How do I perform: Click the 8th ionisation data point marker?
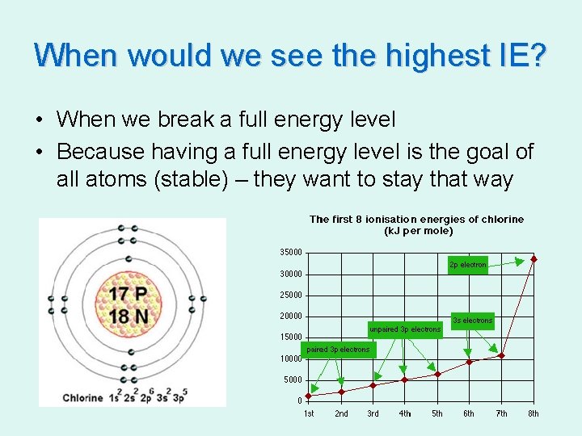pyautogui.click(x=533, y=259)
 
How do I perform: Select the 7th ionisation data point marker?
pyautogui.click(x=501, y=355)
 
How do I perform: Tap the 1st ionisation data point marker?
pyautogui.click(x=309, y=396)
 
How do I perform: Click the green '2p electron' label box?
pyautogui.click(x=468, y=265)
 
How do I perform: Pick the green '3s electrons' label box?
pyautogui.click(x=473, y=321)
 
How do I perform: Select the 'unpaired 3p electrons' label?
pyautogui.click(x=405, y=329)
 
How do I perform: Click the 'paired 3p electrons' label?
pyautogui.click(x=338, y=350)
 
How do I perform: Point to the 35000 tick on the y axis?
pyautogui.click(x=291, y=253)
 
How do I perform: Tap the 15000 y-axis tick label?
pyautogui.click(x=291, y=337)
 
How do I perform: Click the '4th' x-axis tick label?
pyautogui.click(x=405, y=414)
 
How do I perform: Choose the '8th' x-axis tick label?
pyautogui.click(x=533, y=414)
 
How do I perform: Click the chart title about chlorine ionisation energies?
pyautogui.click(x=416, y=224)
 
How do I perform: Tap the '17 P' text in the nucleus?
pyautogui.click(x=129, y=294)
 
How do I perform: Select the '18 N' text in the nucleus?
pyautogui.click(x=129, y=317)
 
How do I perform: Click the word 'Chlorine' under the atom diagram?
pyautogui.click(x=82, y=397)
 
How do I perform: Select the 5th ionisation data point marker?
pyautogui.click(x=437, y=374)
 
